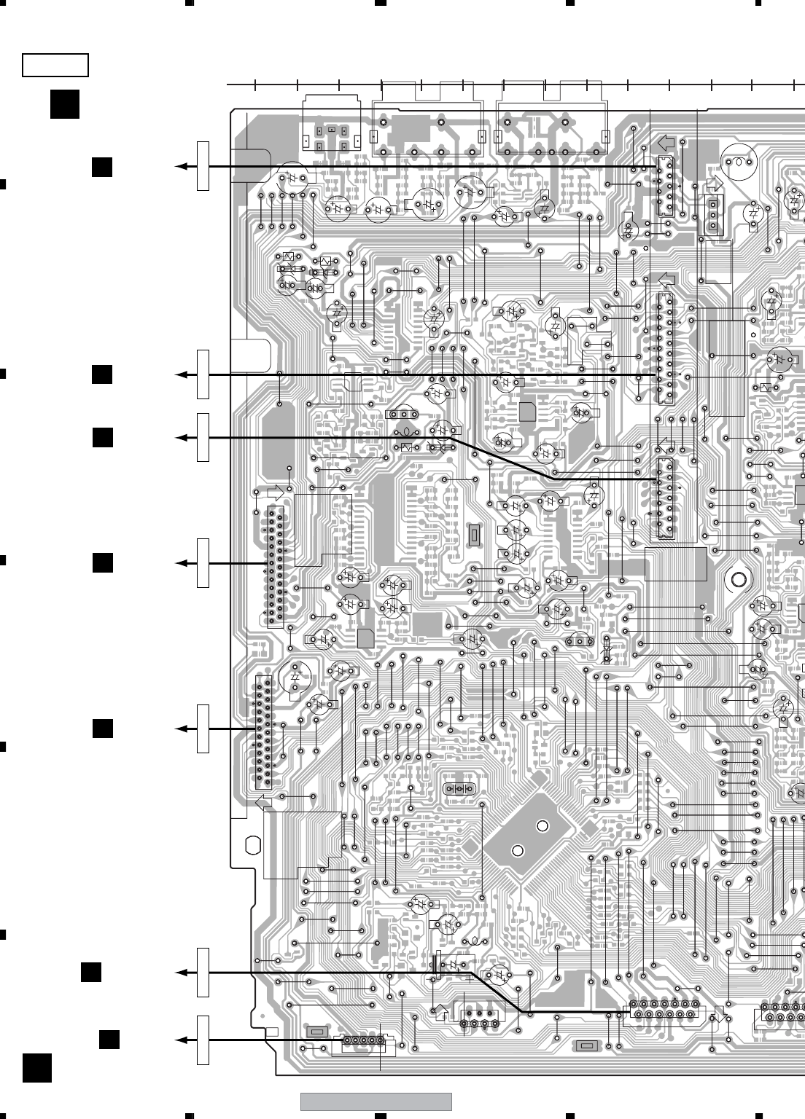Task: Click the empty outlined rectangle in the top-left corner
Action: [x=55, y=65]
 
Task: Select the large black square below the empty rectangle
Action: [x=65, y=103]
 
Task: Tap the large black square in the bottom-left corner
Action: [x=37, y=1067]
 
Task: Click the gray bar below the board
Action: [x=376, y=1102]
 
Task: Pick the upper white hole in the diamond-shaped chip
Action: [x=542, y=826]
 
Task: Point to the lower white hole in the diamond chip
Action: [x=518, y=850]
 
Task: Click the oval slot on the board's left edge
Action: [x=253, y=845]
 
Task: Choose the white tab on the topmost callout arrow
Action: [x=203, y=167]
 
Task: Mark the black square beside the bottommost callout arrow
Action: [x=109, y=1040]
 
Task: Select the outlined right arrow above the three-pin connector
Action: [x=715, y=184]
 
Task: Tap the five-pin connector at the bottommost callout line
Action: [x=361, y=1040]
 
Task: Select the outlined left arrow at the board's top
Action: [x=666, y=143]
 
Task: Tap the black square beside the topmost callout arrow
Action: [x=102, y=167]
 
